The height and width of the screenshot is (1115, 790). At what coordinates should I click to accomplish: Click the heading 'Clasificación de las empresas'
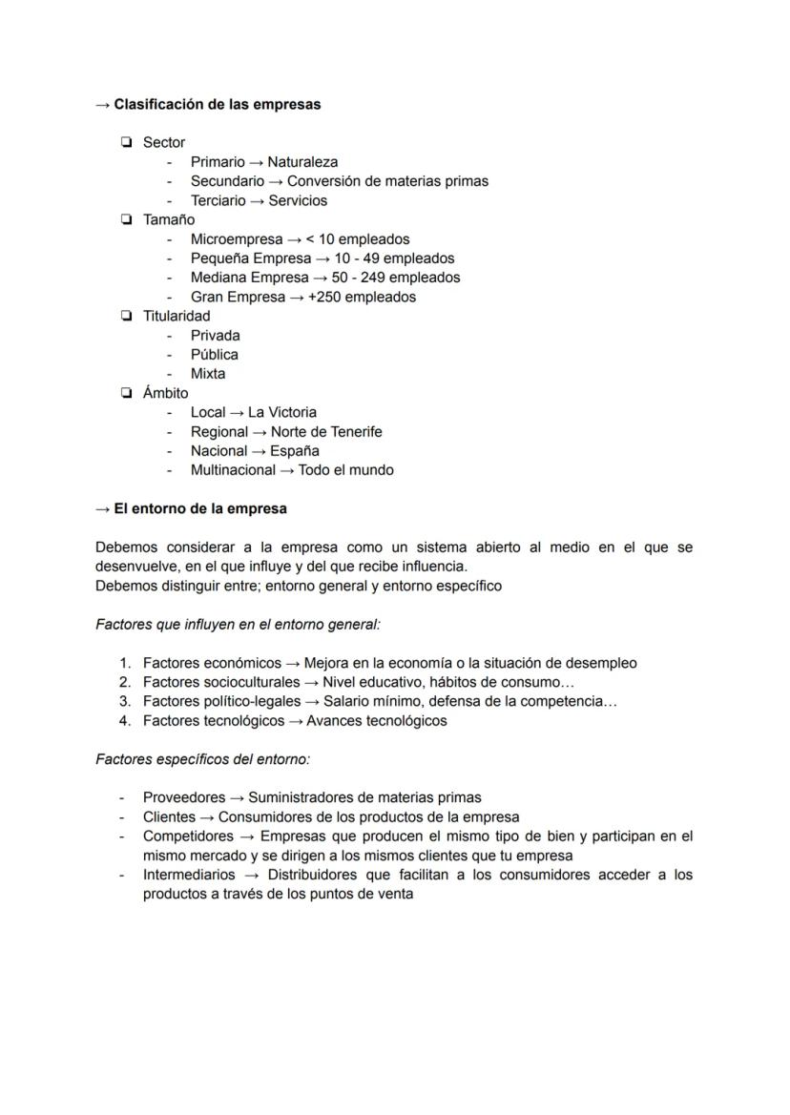coord(217,104)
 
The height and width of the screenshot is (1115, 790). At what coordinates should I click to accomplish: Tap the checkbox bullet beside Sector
coord(126,142)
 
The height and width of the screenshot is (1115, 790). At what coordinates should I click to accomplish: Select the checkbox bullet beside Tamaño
coord(126,219)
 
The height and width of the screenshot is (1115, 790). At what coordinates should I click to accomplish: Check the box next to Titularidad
coord(126,316)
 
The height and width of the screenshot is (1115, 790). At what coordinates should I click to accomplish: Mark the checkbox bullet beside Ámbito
coord(126,393)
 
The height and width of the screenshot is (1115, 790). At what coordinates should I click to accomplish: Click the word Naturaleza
coord(302,162)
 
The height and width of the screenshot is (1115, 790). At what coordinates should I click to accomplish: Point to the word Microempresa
coord(236,239)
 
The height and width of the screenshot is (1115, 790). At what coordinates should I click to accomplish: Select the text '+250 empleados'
coord(362,297)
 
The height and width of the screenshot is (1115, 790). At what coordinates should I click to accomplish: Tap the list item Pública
coord(215,355)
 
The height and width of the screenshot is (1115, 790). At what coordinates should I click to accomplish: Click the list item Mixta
coord(208,374)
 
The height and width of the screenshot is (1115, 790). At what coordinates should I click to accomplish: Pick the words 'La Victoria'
coord(281,412)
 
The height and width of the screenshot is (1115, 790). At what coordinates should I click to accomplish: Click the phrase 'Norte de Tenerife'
coord(326,432)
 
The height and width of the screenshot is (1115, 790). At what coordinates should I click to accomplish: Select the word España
coord(295,451)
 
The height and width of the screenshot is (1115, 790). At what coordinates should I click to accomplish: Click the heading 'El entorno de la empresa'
coord(199,508)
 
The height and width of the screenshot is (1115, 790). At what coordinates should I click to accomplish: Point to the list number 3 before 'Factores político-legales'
coord(125,701)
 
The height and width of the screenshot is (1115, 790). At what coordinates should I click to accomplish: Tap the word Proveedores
coord(184,797)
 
